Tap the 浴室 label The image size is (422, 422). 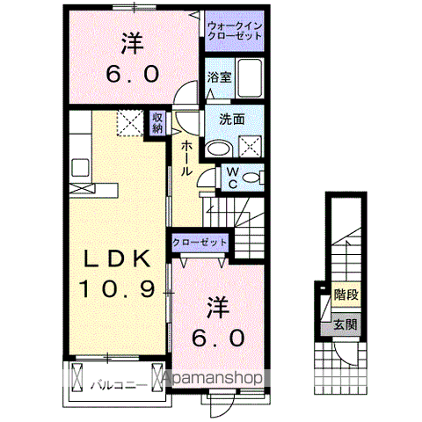[219, 77]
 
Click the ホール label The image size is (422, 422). [186, 159]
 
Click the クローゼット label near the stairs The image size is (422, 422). [200, 243]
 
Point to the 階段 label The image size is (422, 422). [346, 296]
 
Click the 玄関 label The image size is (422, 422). [346, 325]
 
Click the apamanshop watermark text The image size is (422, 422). [214, 378]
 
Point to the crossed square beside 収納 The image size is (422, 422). [130, 123]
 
